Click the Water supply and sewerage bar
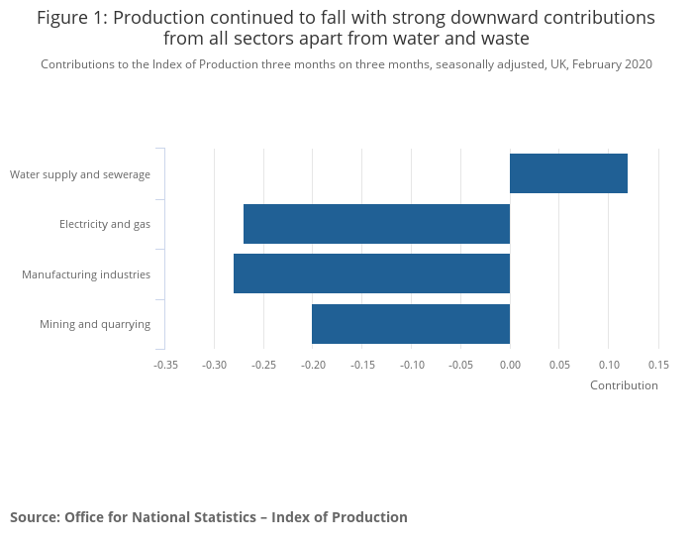(568, 173)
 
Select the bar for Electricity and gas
(376, 224)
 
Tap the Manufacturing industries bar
(371, 273)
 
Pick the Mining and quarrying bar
(411, 324)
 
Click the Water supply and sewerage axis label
(80, 174)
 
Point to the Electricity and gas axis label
(105, 224)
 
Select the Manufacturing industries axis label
(86, 273)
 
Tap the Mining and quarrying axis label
(95, 324)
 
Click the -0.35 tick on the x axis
(165, 365)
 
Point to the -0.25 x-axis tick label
(263, 365)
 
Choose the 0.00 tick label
(510, 365)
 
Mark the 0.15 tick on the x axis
(658, 365)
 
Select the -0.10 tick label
(412, 365)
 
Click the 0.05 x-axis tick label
(559, 365)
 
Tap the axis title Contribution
(624, 385)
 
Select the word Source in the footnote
(34, 517)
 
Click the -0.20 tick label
(313, 365)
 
